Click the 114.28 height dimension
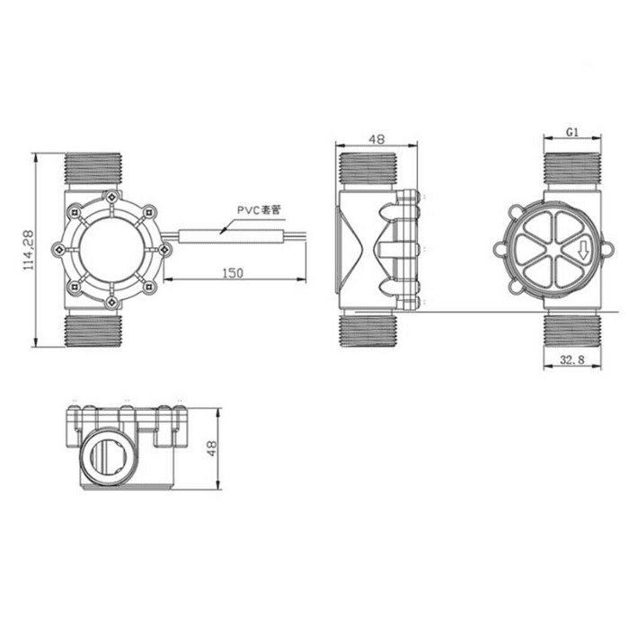27,249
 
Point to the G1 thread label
571,132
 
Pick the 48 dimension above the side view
377,139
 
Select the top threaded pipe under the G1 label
571,169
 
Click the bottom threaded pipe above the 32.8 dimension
571,331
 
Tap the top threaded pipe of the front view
96,169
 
